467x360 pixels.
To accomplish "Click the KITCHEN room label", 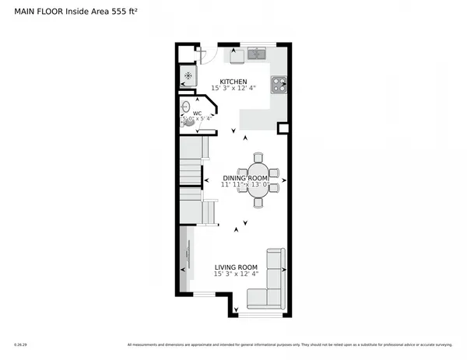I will point(233,82).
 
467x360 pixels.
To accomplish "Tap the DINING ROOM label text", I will point(245,178).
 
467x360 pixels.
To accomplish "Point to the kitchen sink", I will point(256,54).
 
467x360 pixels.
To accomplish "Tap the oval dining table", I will point(259,180).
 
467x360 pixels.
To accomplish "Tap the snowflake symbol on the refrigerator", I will point(187,75).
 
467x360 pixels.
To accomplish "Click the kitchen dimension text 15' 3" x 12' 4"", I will point(233,89).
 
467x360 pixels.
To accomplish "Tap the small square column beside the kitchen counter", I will point(283,128).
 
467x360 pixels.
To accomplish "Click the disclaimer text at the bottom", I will point(289,344).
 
